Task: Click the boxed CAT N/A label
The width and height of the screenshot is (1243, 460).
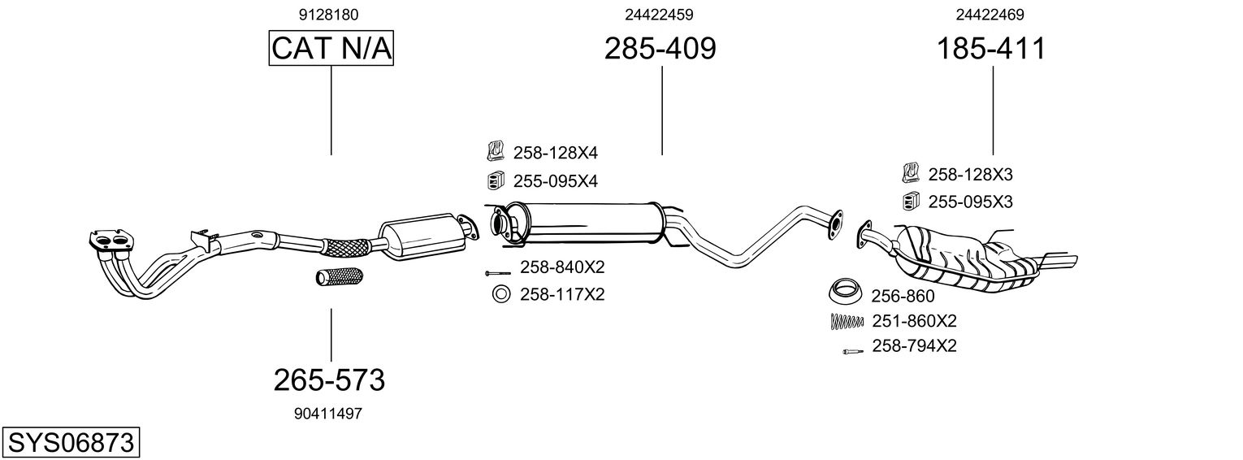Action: point(331,49)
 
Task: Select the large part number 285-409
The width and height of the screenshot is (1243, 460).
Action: point(660,49)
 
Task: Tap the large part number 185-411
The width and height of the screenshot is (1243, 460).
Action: point(991,49)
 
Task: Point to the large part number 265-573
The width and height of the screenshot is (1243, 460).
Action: point(328,379)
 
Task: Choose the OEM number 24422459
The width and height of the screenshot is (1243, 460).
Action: point(659,15)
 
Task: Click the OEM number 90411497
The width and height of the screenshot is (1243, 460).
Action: point(328,413)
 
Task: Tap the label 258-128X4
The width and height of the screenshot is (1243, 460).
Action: point(555,153)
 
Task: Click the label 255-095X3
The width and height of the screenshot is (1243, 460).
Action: point(970,201)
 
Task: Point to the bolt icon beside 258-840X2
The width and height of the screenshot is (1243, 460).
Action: point(496,272)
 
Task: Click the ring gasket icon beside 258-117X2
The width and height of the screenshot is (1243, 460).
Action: point(501,294)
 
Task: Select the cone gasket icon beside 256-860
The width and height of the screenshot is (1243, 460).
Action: point(845,291)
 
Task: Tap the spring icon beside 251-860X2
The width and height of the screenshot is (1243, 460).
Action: point(846,321)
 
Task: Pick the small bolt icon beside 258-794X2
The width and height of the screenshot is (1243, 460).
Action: point(852,350)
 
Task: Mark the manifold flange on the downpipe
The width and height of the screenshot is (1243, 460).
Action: point(110,240)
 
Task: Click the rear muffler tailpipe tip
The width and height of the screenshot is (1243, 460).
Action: point(1060,262)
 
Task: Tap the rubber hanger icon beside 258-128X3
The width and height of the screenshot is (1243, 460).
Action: point(911,173)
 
